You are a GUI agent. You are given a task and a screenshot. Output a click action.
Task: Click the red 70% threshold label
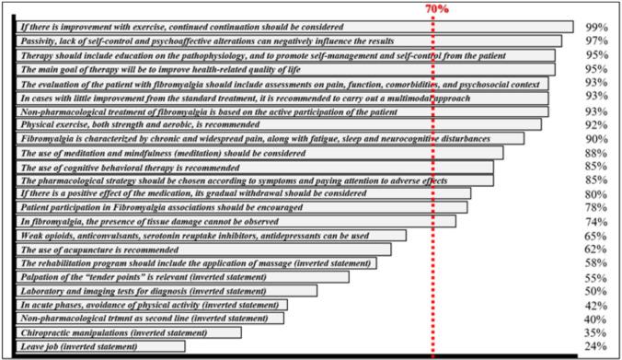click(x=436, y=7)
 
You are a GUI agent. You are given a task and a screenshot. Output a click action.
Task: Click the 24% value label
click(x=597, y=347)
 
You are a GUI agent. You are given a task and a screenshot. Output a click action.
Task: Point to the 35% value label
click(x=597, y=332)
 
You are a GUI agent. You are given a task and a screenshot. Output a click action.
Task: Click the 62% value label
click(x=597, y=250)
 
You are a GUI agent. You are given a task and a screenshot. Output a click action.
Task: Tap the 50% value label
click(x=597, y=291)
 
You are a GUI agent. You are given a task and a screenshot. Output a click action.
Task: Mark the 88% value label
click(x=597, y=153)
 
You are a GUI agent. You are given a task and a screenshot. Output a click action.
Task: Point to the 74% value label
click(x=597, y=222)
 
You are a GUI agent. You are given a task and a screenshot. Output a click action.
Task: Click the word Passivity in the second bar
click(x=39, y=41)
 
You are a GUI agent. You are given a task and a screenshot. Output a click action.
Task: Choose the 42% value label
click(x=597, y=305)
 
